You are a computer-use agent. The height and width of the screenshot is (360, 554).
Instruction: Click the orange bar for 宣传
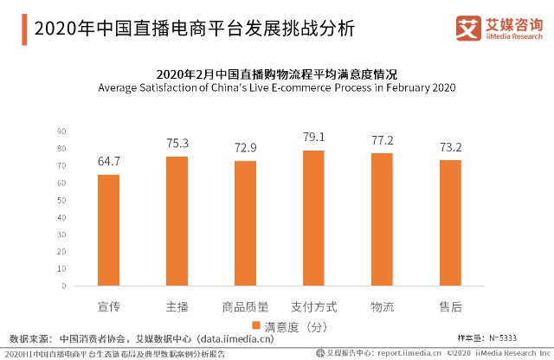coord(108,230)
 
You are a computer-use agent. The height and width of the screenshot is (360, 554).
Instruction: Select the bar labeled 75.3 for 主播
coord(177,221)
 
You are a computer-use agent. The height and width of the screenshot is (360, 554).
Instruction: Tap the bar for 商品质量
coord(245,223)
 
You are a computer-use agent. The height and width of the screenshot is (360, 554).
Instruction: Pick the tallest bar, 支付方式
coord(313,218)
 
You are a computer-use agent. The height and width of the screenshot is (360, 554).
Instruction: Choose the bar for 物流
coord(382,220)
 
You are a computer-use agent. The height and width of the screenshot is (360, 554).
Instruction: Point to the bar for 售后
coord(450,223)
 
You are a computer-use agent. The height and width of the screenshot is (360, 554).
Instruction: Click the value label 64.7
coord(108,162)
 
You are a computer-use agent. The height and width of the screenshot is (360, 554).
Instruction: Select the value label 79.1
coord(313,137)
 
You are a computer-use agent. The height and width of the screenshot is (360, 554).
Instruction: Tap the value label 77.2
coord(382,140)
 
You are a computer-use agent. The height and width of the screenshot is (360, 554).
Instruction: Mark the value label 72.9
coord(245,148)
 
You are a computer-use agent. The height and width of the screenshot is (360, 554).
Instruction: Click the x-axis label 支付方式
coord(313,306)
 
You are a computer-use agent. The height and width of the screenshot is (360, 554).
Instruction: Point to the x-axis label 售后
coord(450,306)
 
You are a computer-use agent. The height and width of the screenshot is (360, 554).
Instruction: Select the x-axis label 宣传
coord(108,306)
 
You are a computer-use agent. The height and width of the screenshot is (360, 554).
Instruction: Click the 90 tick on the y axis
coord(62,132)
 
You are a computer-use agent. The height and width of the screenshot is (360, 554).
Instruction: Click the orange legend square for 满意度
coord(256,326)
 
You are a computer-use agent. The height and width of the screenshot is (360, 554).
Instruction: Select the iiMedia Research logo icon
coord(468,28)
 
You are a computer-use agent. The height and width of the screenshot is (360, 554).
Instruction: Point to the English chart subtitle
coord(276,88)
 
